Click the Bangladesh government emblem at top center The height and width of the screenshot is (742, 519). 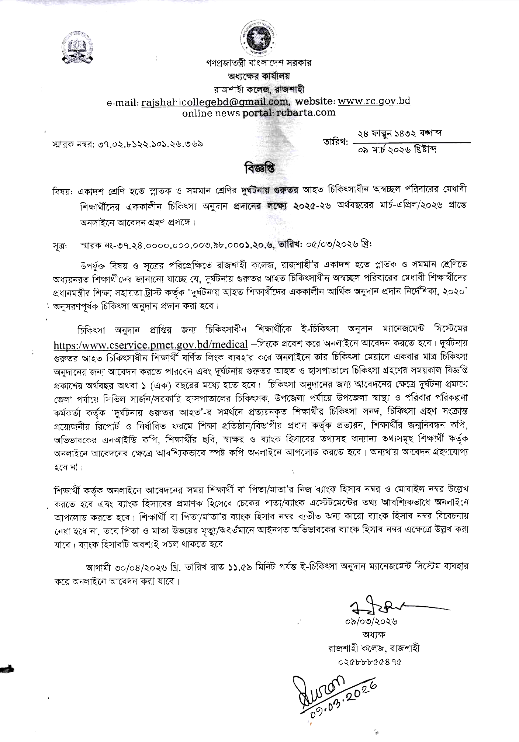pos(260,38)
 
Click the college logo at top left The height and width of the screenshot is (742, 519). pos(77,48)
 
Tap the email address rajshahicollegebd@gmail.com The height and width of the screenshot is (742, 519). pos(215,101)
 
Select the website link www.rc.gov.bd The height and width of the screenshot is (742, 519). pos(374,101)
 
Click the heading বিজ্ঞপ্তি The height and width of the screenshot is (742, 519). pos(259,168)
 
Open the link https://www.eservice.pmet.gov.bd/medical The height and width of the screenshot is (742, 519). pos(150,345)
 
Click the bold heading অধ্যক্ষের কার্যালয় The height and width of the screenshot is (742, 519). pos(259,76)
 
